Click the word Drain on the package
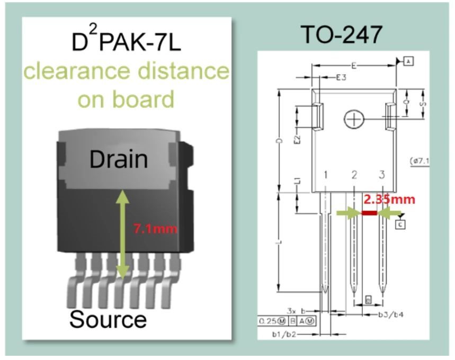point(118,159)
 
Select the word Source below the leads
point(108,319)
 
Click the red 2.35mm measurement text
point(389,200)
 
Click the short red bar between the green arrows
point(369,213)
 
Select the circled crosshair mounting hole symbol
point(352,120)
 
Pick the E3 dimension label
point(342,78)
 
